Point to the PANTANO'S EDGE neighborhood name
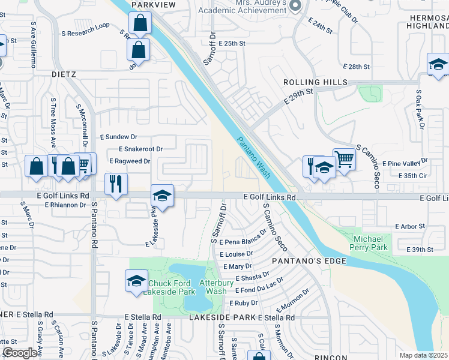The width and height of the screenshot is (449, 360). tap(309, 261)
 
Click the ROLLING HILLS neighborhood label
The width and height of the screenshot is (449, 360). tap(316, 82)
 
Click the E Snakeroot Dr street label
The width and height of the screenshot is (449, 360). tap(141, 149)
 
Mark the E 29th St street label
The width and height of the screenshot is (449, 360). tap(299, 95)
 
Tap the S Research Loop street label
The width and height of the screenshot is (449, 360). tap(89, 26)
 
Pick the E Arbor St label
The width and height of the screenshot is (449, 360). tap(411, 226)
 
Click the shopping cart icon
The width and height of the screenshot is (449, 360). tap(344, 159)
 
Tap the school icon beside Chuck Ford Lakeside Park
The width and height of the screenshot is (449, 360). tap(136, 280)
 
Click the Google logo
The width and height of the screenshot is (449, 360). tap(20, 353)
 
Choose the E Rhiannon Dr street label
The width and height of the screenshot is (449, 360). tap(66, 205)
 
